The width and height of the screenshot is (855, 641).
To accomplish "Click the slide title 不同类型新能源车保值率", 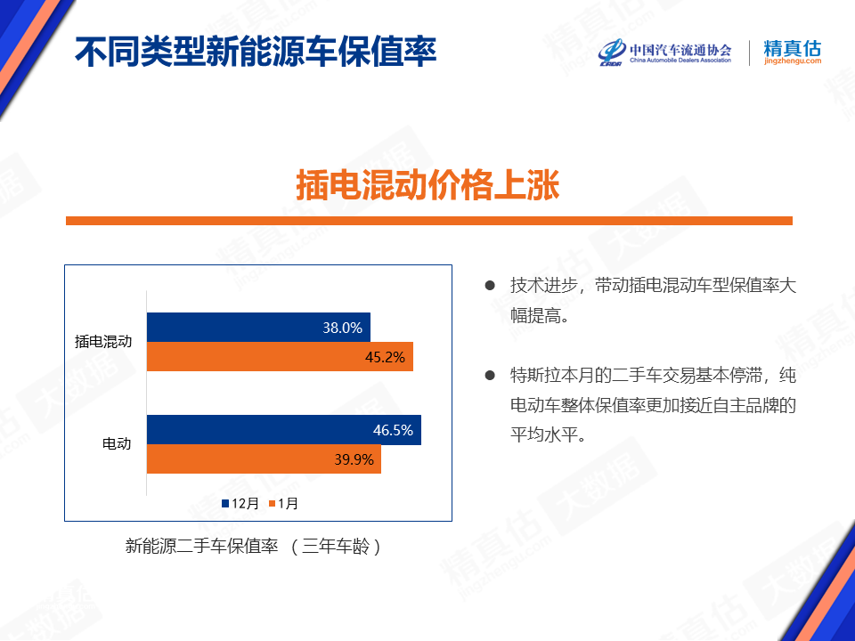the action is click(256, 52).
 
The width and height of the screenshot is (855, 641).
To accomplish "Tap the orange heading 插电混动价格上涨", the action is click(428, 185).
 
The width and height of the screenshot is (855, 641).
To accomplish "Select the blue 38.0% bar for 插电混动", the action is click(258, 327).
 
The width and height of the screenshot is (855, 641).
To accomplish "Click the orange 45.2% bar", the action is click(280, 356).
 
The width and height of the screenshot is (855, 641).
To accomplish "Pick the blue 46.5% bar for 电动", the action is click(284, 429).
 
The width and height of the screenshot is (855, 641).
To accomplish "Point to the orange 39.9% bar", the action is click(264, 459).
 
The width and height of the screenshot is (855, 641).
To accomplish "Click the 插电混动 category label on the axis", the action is click(103, 342).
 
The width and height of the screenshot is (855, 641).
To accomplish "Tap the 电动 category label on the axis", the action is click(118, 443).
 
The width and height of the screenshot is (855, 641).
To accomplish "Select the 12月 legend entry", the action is click(240, 503).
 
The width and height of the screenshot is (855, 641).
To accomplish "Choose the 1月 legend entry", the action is click(283, 503).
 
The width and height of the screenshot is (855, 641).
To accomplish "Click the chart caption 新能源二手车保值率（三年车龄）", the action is click(254, 546).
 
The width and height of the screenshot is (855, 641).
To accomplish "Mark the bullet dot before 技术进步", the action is click(490, 285).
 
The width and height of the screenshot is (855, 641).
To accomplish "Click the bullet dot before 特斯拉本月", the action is click(490, 375).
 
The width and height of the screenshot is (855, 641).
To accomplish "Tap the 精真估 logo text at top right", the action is click(793, 52).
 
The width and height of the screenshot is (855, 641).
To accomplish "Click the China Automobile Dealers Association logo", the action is click(665, 53).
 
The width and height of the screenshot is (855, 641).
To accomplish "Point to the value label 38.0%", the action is click(342, 328).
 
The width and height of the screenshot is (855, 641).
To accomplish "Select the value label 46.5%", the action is click(393, 430).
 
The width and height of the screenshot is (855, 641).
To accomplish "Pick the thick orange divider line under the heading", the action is click(429, 221).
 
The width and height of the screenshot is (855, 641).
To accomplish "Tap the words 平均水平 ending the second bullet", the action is click(544, 434).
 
